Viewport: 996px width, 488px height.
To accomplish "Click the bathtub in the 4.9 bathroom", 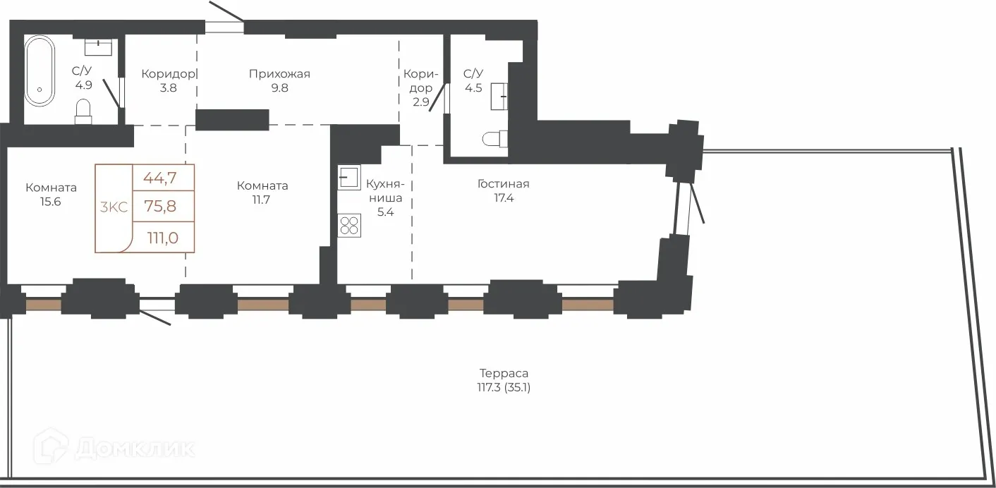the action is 40,71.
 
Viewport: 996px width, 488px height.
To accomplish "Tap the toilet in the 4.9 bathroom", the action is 83,111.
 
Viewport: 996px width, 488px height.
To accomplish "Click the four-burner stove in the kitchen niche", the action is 349,226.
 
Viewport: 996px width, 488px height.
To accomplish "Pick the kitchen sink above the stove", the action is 349,177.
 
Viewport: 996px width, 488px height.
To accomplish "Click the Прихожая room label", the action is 279,74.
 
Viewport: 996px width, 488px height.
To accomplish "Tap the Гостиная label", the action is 504,183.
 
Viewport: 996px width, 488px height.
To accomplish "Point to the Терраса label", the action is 504,373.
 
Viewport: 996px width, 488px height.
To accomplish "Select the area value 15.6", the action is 50,202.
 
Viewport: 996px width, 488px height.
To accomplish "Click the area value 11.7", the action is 261,200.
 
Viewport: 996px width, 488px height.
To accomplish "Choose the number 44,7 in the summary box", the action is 159,178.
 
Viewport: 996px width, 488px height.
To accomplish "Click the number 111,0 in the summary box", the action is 163,238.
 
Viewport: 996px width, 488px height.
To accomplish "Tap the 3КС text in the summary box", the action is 114,207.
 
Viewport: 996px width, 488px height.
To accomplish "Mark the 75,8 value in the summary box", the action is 160,206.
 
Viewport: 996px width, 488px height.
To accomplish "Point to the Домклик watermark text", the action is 135,449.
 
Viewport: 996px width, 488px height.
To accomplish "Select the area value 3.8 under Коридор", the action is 168,88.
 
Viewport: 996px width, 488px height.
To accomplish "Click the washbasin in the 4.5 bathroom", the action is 499,96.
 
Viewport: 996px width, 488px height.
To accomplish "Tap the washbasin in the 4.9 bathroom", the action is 98,47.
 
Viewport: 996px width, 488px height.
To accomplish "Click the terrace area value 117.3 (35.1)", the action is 504,388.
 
